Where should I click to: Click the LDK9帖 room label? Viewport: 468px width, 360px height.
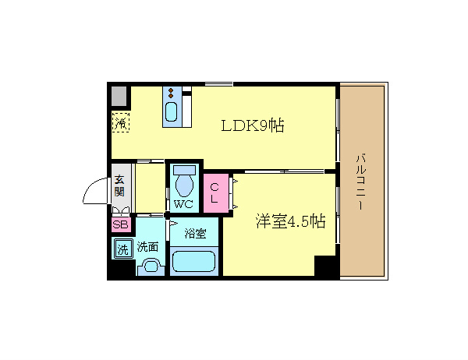[x=253, y=125]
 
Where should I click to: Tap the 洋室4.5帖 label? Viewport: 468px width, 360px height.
[x=290, y=221]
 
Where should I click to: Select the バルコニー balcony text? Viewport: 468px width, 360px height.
[x=361, y=182]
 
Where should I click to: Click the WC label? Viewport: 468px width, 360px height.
[x=183, y=204]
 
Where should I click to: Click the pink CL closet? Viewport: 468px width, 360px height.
[x=216, y=193]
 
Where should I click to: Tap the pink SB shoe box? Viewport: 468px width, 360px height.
[x=121, y=224]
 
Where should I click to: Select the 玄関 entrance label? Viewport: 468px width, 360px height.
[x=119, y=185]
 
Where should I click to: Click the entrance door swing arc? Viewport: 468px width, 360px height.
[x=90, y=186]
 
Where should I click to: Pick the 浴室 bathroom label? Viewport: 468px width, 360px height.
[x=195, y=233]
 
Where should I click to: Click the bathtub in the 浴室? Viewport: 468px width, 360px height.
[x=194, y=262]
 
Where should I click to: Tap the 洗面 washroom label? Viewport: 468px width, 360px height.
[x=147, y=247]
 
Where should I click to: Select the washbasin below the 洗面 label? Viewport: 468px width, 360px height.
[x=151, y=266]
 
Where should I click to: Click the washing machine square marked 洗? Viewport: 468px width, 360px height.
[x=123, y=249]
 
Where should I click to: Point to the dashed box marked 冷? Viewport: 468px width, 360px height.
[x=121, y=122]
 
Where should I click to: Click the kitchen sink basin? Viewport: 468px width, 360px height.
[x=172, y=111]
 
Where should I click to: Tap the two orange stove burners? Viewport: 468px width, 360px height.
[x=171, y=93]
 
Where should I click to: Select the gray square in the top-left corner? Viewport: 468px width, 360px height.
[x=119, y=96]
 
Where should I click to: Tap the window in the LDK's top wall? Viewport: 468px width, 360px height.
[x=218, y=84]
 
